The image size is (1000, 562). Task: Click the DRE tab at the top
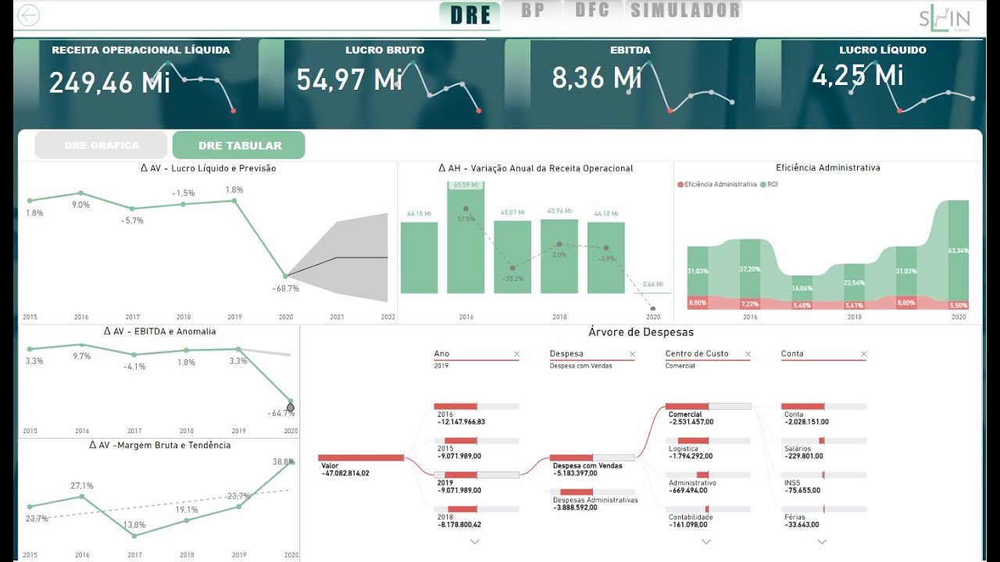pyautogui.click(x=470, y=14)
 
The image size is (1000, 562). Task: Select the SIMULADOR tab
pyautogui.click(x=685, y=10)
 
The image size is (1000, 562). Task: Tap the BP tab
pyautogui.click(x=532, y=10)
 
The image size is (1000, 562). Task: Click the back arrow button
pyautogui.click(x=28, y=16)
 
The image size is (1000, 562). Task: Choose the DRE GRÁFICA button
pyautogui.click(x=102, y=145)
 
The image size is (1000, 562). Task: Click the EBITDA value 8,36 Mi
pyautogui.click(x=596, y=77)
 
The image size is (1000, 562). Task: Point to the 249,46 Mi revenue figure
pyautogui.click(x=109, y=82)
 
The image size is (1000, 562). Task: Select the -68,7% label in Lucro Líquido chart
pyautogui.click(x=286, y=288)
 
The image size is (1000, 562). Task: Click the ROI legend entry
pyautogui.click(x=772, y=184)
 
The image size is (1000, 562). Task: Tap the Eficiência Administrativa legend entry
pyautogui.click(x=720, y=184)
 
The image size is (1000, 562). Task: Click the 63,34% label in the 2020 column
pyautogui.click(x=958, y=251)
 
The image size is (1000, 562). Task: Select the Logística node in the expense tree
pyautogui.click(x=683, y=449)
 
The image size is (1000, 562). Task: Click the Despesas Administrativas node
pyautogui.click(x=595, y=500)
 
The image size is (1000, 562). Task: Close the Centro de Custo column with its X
pyautogui.click(x=748, y=354)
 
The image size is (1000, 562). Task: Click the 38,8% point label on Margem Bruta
pyautogui.click(x=284, y=462)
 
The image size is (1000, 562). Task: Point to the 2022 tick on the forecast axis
pyautogui.click(x=388, y=318)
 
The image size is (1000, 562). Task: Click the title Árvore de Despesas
pyautogui.click(x=641, y=333)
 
